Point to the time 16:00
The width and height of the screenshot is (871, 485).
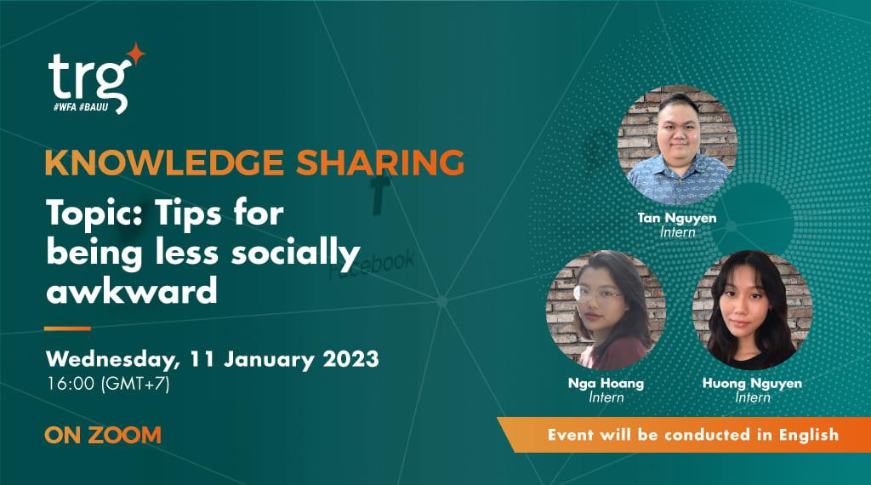71,384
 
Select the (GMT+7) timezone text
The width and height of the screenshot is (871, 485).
135,384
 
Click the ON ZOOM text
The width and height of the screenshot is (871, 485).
103,436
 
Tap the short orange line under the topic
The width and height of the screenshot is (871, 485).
67,328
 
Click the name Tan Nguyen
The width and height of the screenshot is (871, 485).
677,218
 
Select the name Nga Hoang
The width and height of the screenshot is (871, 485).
606,384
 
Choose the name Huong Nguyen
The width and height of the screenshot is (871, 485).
751,384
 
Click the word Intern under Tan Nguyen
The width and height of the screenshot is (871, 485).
677,231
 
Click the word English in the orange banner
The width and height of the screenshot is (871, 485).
806,434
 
